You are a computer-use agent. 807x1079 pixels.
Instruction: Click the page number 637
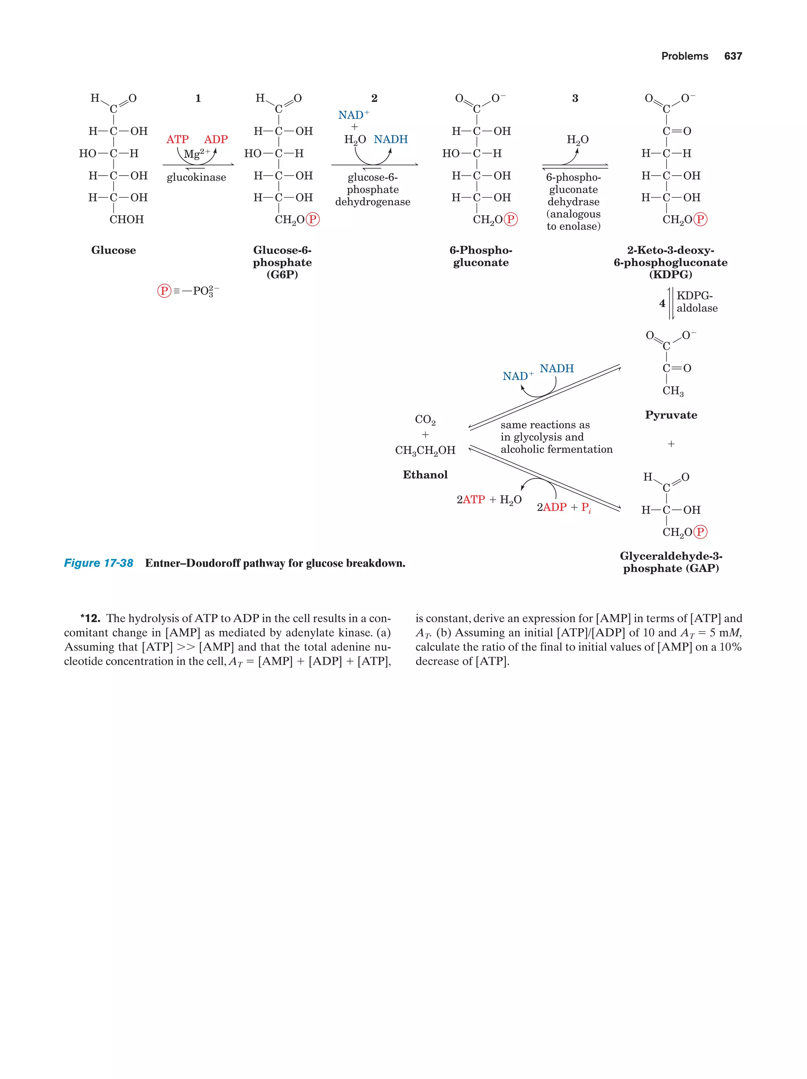click(x=733, y=56)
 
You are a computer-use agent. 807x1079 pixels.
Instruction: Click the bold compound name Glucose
click(x=113, y=250)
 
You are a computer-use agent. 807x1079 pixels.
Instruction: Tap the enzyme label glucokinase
click(x=196, y=178)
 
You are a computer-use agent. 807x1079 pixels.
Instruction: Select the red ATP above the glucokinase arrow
click(x=177, y=139)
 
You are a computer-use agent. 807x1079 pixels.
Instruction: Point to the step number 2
click(x=374, y=98)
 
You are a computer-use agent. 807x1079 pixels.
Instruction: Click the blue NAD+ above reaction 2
click(x=353, y=115)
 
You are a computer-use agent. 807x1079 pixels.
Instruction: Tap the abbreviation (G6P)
click(x=282, y=275)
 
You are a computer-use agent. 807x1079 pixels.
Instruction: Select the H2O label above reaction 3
click(x=578, y=140)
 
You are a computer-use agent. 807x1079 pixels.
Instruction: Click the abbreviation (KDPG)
click(x=670, y=275)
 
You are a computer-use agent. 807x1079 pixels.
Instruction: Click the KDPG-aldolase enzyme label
click(x=697, y=302)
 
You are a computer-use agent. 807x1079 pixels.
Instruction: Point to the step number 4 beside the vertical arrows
click(x=662, y=304)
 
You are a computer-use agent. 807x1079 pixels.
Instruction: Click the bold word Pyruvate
click(x=671, y=415)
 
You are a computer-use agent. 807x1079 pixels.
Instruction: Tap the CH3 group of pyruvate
click(x=673, y=391)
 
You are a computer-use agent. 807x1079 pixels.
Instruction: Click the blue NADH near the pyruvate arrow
click(x=556, y=369)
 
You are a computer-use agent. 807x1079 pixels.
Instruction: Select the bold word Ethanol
click(x=425, y=475)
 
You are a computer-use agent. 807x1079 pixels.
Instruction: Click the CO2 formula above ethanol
click(x=425, y=420)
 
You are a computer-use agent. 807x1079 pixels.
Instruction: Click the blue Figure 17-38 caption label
click(x=99, y=563)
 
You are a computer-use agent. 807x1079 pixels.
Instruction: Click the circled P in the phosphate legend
click(x=164, y=291)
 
